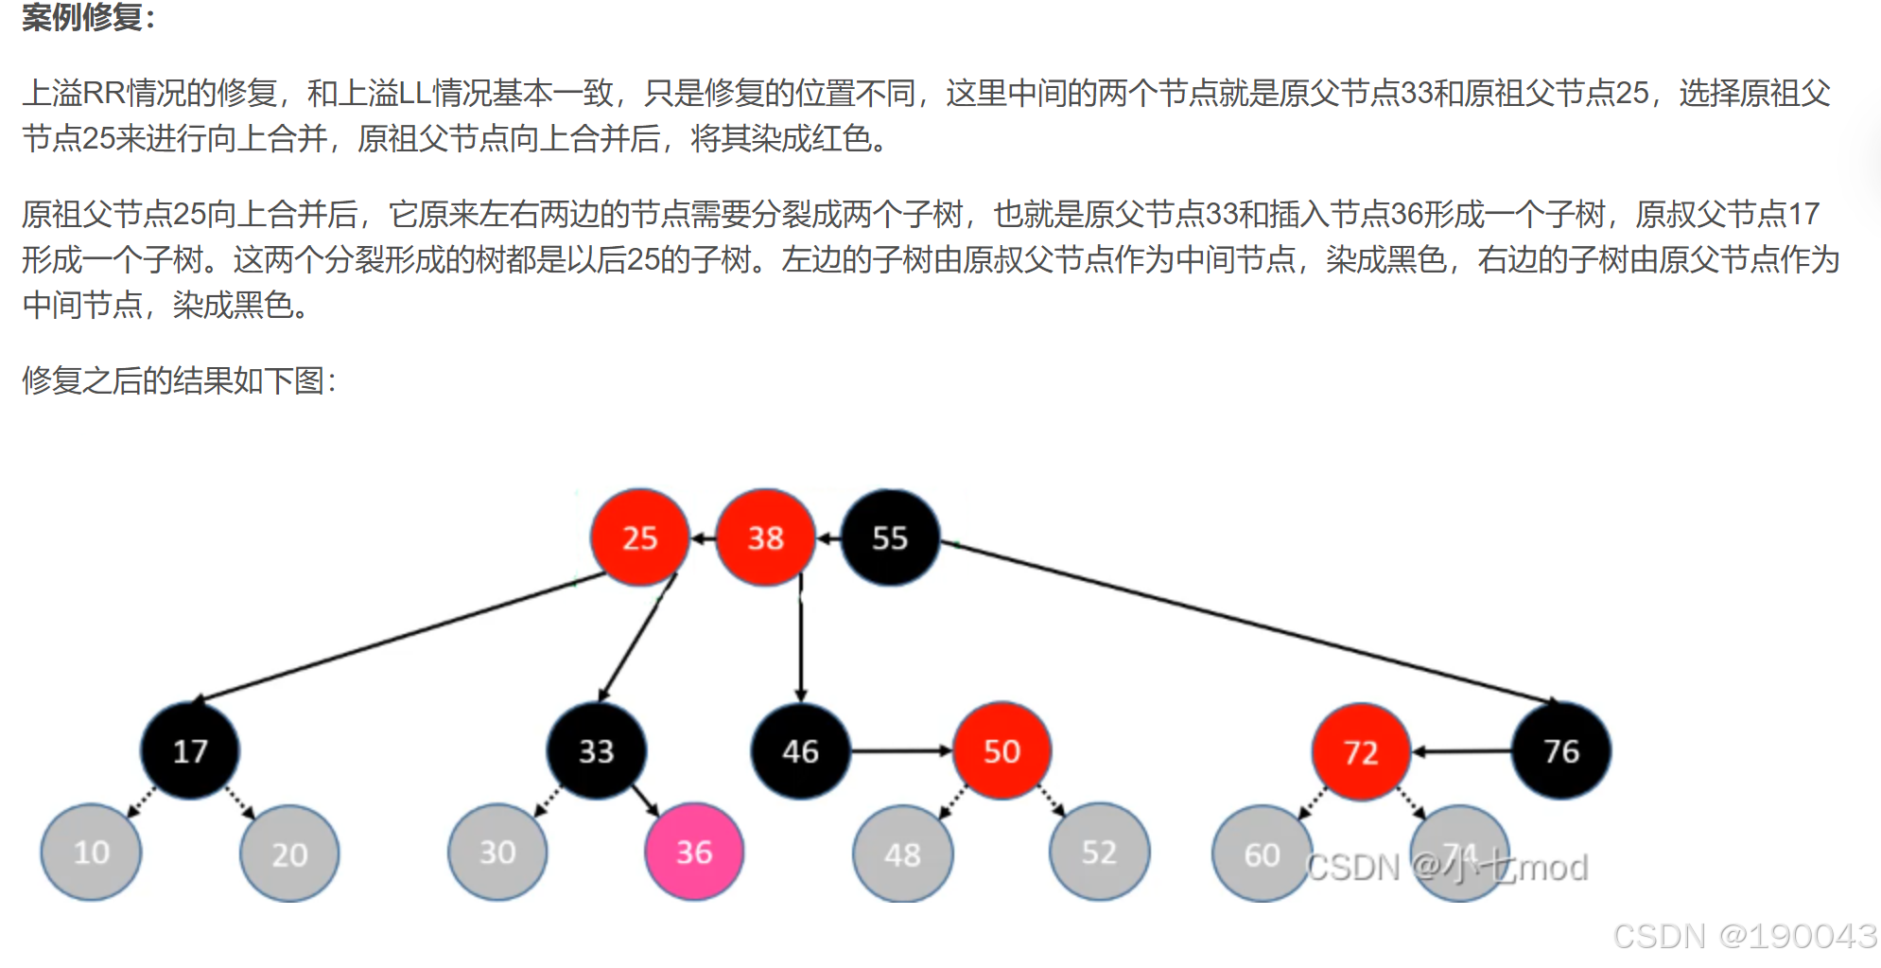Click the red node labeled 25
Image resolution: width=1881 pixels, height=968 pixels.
pos(639,537)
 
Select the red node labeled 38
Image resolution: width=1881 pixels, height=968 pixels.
pos(765,537)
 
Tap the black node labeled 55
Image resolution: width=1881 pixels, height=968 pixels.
pos(890,537)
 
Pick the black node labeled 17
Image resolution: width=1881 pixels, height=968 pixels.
pos(190,750)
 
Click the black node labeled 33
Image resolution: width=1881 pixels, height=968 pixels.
pos(596,750)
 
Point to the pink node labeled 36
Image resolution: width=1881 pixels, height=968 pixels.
pos(694,852)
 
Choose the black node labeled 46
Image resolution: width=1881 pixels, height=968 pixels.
pos(800,750)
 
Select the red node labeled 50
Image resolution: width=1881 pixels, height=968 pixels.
pos(1001,750)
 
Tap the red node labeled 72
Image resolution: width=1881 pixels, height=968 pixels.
pos(1361,751)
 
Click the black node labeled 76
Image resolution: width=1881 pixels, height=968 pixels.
pos(1561,750)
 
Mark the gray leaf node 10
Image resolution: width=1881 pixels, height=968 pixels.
pos(92,852)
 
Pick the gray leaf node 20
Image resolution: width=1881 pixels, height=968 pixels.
pos(289,854)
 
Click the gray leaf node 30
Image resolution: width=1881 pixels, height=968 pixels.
pos(497,852)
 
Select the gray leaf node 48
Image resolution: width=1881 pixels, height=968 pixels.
pos(902,854)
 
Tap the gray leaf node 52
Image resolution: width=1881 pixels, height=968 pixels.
pos(1099,852)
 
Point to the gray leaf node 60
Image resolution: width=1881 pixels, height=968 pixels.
pos(1262,854)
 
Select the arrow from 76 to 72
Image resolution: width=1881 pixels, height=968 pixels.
pos(1461,751)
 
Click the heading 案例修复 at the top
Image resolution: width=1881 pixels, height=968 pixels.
pos(87,16)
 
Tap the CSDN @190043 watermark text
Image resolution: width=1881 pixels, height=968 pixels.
pos(1745,936)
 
